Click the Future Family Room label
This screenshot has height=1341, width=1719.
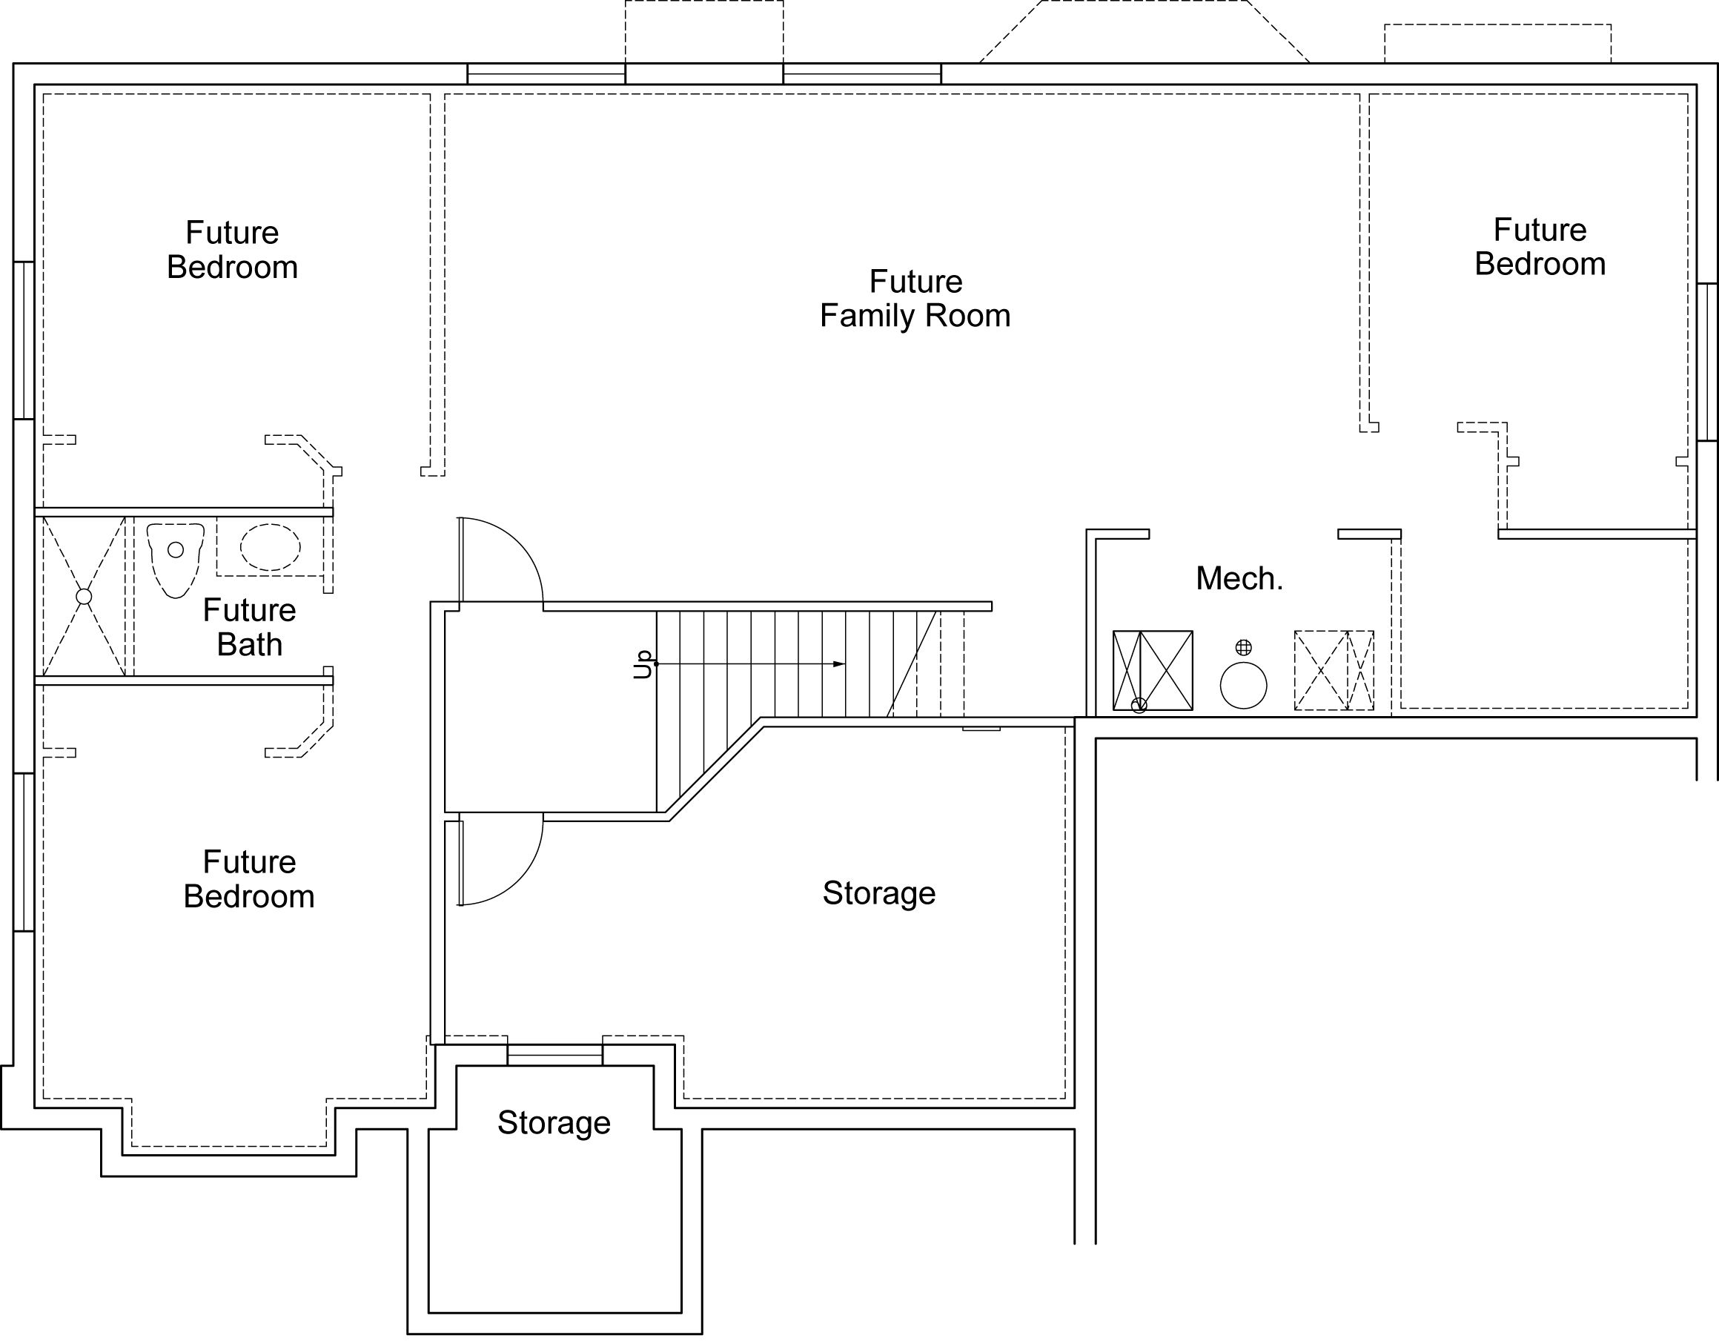915,298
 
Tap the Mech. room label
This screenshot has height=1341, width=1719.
1239,578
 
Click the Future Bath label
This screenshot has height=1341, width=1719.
250,627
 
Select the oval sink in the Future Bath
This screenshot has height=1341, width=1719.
270,547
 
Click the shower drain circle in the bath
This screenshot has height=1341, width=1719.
84,597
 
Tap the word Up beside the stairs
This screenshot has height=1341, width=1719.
644,663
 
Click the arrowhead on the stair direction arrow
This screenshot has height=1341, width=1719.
839,664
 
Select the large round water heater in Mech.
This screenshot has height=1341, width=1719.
1244,686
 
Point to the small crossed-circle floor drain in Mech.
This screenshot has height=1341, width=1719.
1244,648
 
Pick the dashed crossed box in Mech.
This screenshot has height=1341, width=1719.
1334,670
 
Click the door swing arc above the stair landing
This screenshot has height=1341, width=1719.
520,543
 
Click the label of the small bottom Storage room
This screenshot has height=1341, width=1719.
554,1123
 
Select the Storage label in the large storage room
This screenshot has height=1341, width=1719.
879,893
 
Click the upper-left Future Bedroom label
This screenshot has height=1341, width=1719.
232,250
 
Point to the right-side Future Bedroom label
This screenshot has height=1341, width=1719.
1540,247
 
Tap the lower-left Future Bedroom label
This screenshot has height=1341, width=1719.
249,879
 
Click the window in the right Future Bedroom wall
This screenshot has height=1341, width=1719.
1706,362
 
